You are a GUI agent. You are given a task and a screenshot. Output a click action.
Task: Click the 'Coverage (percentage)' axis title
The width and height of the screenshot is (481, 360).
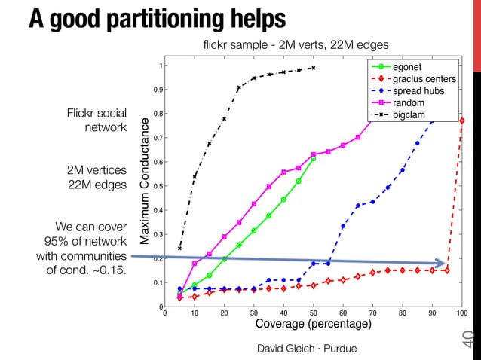314,325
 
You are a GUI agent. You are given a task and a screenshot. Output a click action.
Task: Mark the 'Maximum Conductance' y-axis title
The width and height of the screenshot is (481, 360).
142,185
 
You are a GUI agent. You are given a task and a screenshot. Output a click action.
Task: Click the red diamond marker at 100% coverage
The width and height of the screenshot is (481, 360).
461,121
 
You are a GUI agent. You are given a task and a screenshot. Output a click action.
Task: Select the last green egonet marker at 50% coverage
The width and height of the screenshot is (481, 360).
313,159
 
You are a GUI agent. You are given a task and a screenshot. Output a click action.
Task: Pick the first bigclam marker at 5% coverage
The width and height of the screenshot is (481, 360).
179,249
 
